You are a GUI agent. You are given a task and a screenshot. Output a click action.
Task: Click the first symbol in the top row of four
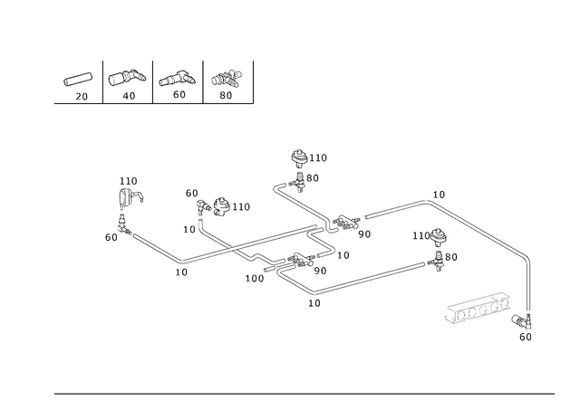(x=79, y=81)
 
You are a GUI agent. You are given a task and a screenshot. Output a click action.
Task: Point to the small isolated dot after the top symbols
(x=256, y=107)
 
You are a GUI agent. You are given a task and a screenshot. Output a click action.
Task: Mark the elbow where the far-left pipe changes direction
(x=185, y=263)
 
